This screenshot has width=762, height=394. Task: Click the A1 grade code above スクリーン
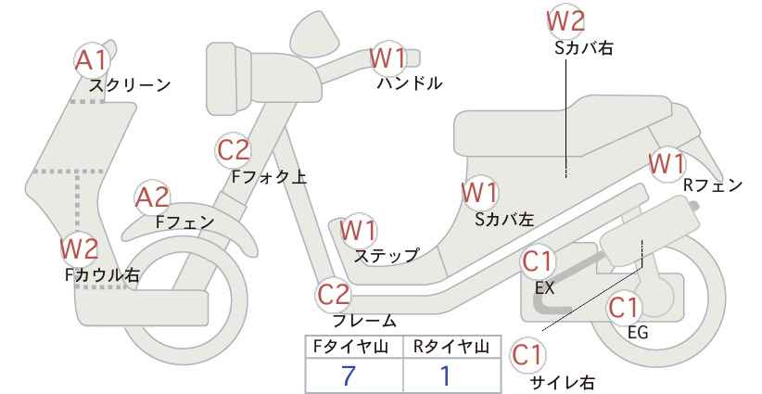click(x=91, y=60)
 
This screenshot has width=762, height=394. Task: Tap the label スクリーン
click(x=130, y=85)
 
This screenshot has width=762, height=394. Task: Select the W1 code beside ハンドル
click(x=387, y=57)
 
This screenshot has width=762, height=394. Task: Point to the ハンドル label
click(x=410, y=83)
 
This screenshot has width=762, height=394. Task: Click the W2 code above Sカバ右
click(x=565, y=19)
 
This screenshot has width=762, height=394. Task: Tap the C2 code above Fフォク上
click(x=234, y=149)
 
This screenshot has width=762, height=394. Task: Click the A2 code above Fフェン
click(x=152, y=197)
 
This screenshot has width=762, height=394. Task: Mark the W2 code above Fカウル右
click(x=79, y=248)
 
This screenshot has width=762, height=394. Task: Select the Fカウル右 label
click(x=102, y=274)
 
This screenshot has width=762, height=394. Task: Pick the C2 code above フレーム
click(x=335, y=295)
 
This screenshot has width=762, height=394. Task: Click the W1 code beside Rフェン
click(x=667, y=163)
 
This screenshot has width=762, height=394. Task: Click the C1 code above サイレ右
click(x=529, y=354)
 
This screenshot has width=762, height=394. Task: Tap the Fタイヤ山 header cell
click(x=353, y=347)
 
